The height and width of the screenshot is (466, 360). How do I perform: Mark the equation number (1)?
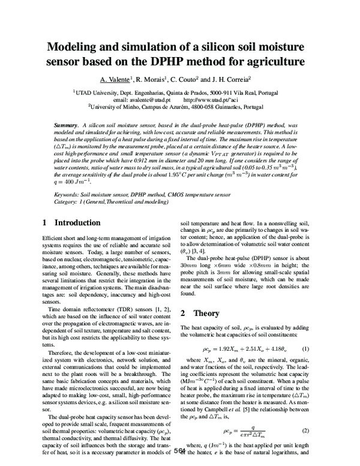tap(305, 349)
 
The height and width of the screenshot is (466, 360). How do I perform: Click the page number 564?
tap(179, 452)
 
